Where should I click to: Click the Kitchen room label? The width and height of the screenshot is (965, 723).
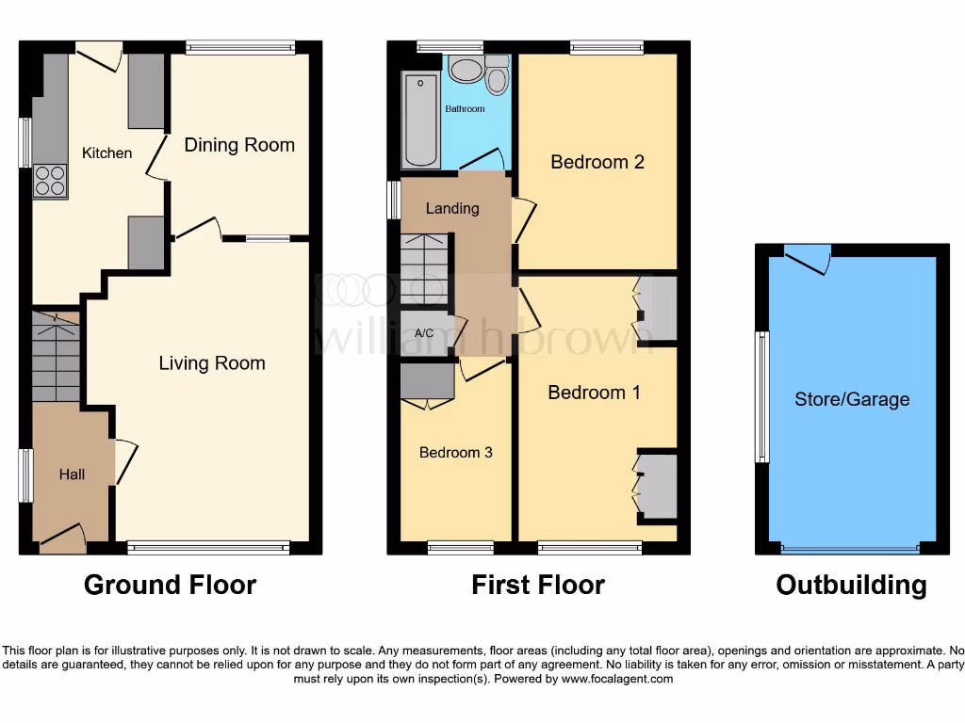pyautogui.click(x=106, y=153)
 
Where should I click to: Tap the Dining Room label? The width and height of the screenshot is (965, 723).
pyautogui.click(x=238, y=145)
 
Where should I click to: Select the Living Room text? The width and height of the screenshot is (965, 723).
pyautogui.click(x=211, y=363)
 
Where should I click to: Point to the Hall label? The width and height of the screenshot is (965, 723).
pyautogui.click(x=72, y=474)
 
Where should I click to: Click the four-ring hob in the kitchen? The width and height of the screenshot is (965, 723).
pyautogui.click(x=50, y=180)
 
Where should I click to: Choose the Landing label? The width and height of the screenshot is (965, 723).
pyautogui.click(x=452, y=208)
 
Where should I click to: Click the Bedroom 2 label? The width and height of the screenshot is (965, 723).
pyautogui.click(x=597, y=162)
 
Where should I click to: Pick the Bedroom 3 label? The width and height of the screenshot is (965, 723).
pyautogui.click(x=455, y=453)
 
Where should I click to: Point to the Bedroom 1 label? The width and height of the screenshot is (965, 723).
pyautogui.click(x=594, y=393)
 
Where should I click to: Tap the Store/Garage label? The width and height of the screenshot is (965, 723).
pyautogui.click(x=852, y=399)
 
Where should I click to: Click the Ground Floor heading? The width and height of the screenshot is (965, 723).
pyautogui.click(x=170, y=585)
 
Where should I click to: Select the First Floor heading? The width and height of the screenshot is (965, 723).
pyautogui.click(x=538, y=585)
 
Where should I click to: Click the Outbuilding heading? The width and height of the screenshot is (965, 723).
pyautogui.click(x=851, y=585)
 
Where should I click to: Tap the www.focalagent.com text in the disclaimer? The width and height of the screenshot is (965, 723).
pyautogui.click(x=616, y=679)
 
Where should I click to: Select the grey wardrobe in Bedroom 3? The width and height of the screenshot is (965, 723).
pyautogui.click(x=427, y=381)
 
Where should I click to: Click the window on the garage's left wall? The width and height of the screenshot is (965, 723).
pyautogui.click(x=761, y=396)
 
